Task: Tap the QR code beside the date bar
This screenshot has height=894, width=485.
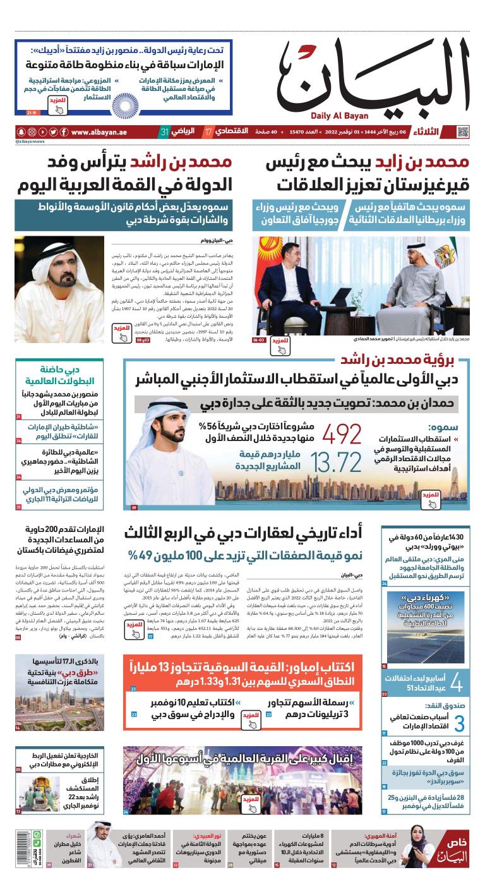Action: [x=464, y=132]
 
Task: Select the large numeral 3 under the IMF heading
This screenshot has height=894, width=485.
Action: [x=460, y=723]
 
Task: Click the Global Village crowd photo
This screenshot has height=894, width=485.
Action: [x=246, y=782]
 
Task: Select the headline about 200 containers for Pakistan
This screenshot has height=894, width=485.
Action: [x=60, y=541]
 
